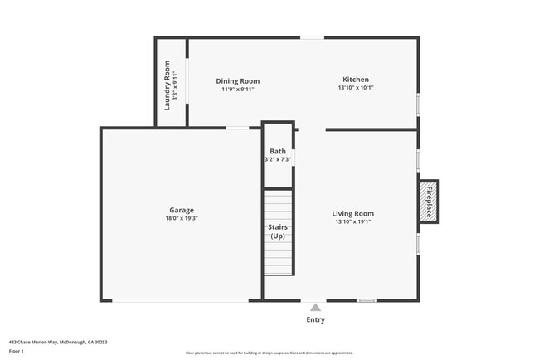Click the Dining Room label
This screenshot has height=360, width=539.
click(x=238, y=80)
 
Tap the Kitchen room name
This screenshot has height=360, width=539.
click(x=355, y=80)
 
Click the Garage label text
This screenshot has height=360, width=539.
click(x=182, y=210)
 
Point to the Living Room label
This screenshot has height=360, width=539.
click(x=353, y=213)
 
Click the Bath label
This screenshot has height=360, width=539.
click(x=277, y=151)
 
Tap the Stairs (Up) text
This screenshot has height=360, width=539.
click(x=278, y=231)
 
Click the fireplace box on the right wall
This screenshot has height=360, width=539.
click(x=430, y=202)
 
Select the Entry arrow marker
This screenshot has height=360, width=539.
click(x=315, y=307)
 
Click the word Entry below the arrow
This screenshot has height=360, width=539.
click(x=316, y=319)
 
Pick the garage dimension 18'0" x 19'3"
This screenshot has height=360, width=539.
click(x=182, y=218)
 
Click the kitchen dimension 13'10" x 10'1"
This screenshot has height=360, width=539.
click(x=355, y=88)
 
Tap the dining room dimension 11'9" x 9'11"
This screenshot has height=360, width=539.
click(x=238, y=89)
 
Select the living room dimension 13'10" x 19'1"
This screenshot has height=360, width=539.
click(x=353, y=221)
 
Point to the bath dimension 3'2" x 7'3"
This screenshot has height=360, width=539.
click(x=277, y=159)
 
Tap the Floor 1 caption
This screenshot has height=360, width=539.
click(x=17, y=351)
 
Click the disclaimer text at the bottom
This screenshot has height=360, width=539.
click(x=269, y=353)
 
